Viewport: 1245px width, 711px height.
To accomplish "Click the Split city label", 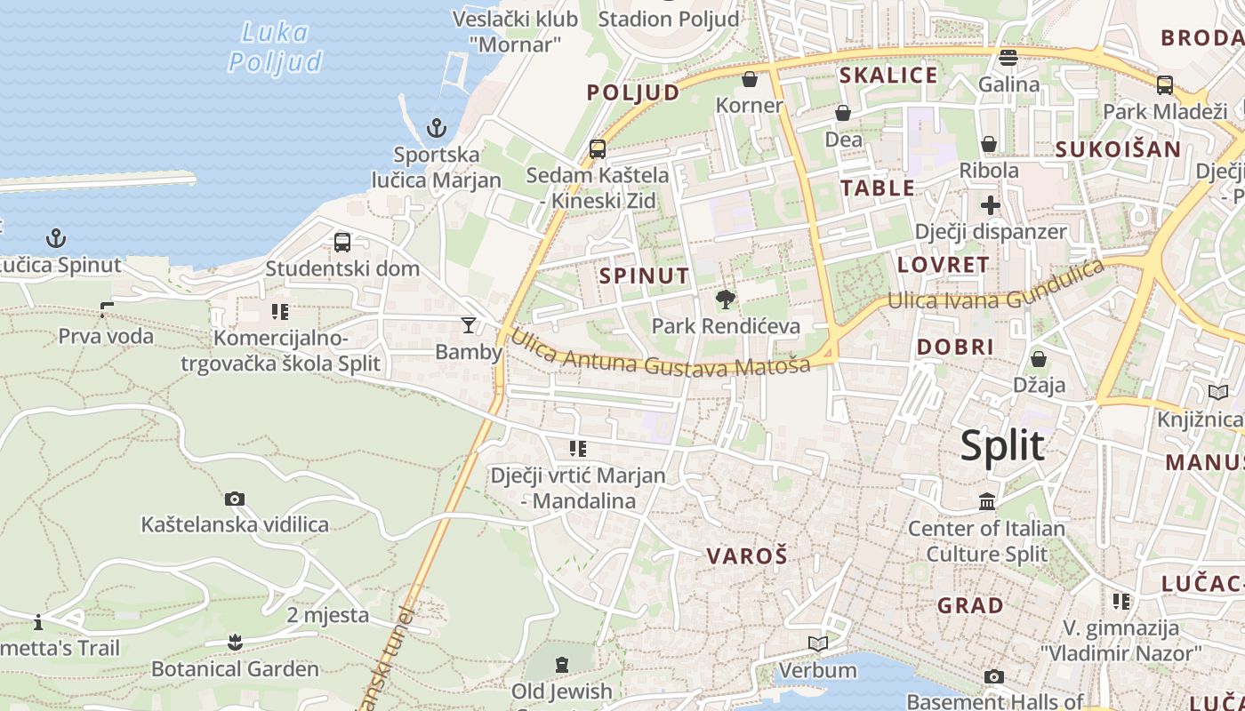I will tap(1002, 445).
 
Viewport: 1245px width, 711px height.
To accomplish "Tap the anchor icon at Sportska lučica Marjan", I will tap(436, 128).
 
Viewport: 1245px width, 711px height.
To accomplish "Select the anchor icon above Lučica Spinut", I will tap(56, 238).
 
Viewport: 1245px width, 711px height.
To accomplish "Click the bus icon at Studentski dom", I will tap(341, 242).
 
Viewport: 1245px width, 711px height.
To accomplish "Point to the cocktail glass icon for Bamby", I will tap(469, 325).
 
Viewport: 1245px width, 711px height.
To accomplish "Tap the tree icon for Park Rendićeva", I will tap(726, 299).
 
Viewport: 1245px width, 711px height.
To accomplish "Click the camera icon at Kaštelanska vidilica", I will tap(235, 499).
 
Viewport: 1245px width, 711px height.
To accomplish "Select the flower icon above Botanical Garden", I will tap(235, 642).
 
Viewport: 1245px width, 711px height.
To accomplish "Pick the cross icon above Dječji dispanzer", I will tap(990, 206).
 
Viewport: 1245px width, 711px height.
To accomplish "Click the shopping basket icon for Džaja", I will tap(1038, 359).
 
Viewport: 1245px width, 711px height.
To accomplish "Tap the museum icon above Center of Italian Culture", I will tap(986, 502).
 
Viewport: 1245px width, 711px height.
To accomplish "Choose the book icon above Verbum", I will tap(817, 643).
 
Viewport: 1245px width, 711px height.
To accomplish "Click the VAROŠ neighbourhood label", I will tap(747, 556).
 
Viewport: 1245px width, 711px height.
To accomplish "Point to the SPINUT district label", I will tap(644, 276).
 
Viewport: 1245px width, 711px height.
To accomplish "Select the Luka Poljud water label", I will tap(275, 48).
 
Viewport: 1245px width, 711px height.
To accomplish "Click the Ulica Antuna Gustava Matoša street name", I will tap(661, 356).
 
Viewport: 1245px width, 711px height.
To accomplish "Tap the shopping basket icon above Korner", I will tap(750, 79).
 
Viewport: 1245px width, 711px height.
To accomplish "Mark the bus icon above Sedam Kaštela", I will tap(598, 148).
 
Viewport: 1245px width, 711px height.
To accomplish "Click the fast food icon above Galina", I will tap(1008, 58).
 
